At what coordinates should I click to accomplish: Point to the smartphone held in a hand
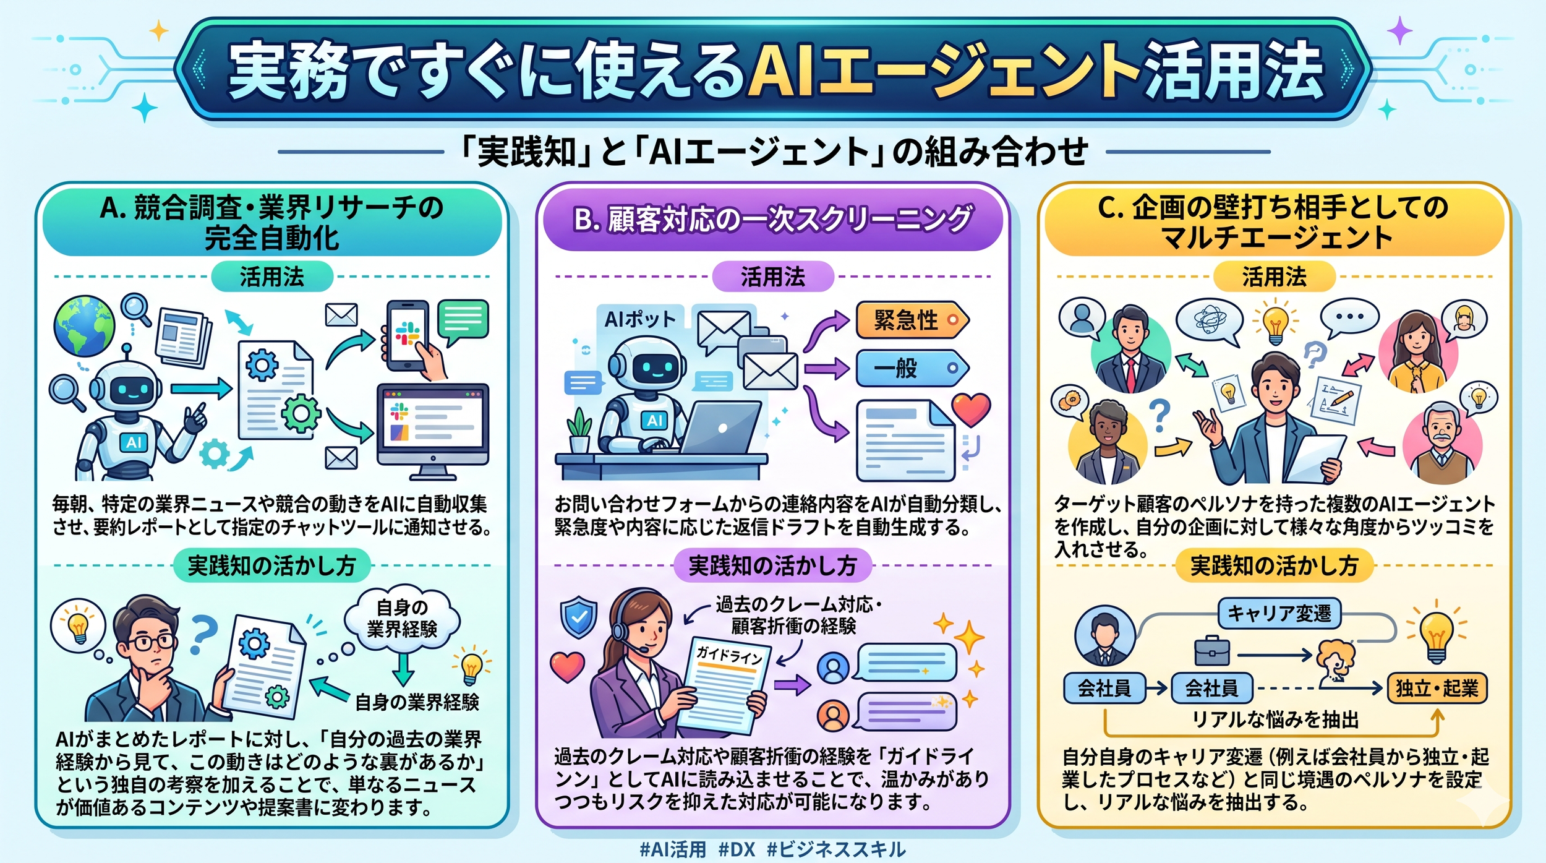click(x=408, y=335)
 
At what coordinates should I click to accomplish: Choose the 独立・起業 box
click(x=1437, y=688)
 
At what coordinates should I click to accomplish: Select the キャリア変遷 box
click(x=1279, y=613)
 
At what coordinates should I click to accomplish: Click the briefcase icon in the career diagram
click(x=1211, y=651)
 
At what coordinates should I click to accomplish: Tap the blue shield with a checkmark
click(x=578, y=617)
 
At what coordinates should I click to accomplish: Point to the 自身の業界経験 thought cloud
click(x=402, y=619)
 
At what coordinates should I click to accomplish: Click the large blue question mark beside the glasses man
click(x=203, y=634)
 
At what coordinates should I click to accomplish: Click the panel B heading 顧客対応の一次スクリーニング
click(x=772, y=220)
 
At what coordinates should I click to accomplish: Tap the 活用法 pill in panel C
click(x=1274, y=277)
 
